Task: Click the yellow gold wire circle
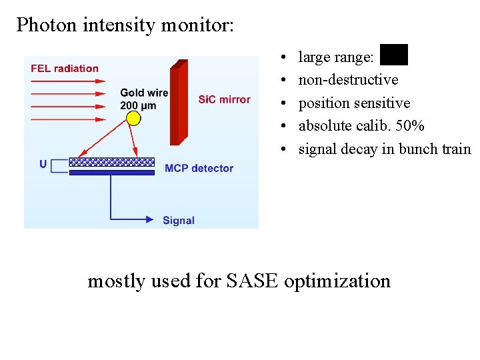tap(134, 119)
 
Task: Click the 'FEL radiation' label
tap(65, 68)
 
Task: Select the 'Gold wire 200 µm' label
tap(144, 99)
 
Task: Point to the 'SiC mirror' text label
tap(224, 99)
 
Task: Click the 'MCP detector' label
tap(199, 168)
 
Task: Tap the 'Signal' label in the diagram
tap(179, 220)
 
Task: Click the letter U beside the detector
tap(43, 164)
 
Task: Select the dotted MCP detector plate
tap(112, 161)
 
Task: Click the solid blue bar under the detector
tap(112, 172)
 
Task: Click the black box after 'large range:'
tap(393, 55)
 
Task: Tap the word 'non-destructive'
tap(348, 80)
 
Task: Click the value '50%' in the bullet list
tap(409, 126)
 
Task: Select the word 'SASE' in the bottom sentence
tap(253, 281)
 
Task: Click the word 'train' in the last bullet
tap(456, 149)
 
